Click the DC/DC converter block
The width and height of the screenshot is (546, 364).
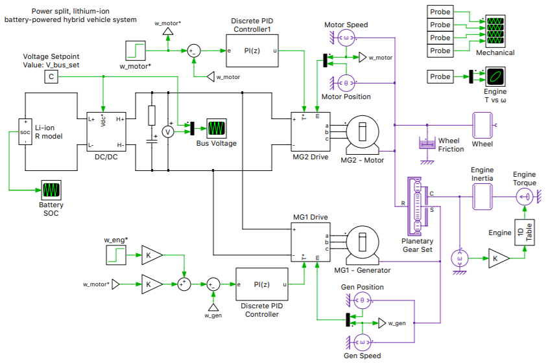click(106, 132)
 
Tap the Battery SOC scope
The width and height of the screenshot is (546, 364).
click(51, 190)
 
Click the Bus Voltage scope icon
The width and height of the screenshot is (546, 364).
click(216, 128)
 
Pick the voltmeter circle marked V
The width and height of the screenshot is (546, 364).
click(167, 131)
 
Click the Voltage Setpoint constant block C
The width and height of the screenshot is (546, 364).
click(51, 77)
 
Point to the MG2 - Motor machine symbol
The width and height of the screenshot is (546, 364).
click(362, 133)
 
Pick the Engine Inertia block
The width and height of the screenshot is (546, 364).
click(482, 194)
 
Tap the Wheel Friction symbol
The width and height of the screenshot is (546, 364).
click(427, 142)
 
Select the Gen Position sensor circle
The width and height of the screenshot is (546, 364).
click(362, 300)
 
